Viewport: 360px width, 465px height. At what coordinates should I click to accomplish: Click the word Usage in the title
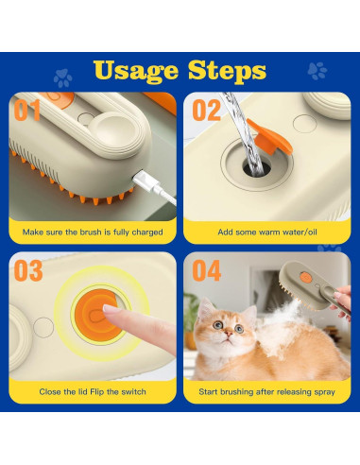tap(136, 72)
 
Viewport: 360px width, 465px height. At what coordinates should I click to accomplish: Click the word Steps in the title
tap(227, 72)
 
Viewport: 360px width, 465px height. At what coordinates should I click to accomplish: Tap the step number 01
tap(27, 110)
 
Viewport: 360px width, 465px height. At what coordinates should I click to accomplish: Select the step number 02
tap(207, 110)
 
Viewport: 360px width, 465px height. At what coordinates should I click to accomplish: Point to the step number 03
tap(28, 270)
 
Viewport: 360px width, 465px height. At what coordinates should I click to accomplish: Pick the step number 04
tap(207, 270)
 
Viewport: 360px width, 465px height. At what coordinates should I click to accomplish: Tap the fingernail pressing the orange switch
tap(110, 309)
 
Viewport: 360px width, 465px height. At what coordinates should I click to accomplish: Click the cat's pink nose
tap(229, 333)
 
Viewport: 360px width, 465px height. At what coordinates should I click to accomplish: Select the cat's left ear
tap(206, 308)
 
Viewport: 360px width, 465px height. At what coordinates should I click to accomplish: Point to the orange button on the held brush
tap(305, 277)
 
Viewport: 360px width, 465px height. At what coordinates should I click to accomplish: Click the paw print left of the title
tap(62, 77)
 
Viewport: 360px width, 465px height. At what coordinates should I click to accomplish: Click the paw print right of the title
tap(317, 71)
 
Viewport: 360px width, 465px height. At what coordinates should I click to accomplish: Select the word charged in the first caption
tap(147, 232)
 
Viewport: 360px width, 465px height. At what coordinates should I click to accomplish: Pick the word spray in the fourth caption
tap(324, 392)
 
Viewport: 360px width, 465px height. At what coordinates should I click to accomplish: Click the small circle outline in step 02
tap(304, 124)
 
